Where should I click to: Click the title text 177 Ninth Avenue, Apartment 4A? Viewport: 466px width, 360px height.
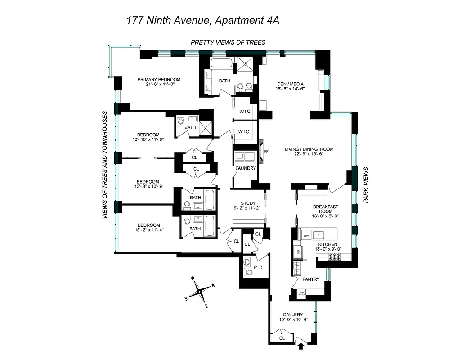pyautogui.click(x=202, y=21)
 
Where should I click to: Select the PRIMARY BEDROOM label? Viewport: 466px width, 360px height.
pyautogui.click(x=159, y=79)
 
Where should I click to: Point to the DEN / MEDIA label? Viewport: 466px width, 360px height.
pyautogui.click(x=290, y=84)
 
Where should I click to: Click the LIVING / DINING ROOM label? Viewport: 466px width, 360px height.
pyautogui.click(x=309, y=149)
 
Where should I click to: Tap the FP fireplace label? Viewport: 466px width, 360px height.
pyautogui.click(x=266, y=151)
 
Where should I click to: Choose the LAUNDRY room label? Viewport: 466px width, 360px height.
pyautogui.click(x=245, y=168)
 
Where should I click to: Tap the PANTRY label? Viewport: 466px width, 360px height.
pyautogui.click(x=311, y=279)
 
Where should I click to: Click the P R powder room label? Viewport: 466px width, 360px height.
pyautogui.click(x=258, y=267)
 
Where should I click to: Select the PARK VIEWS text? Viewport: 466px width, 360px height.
pyautogui.click(x=366, y=185)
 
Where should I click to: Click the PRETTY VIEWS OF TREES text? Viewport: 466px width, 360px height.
pyautogui.click(x=228, y=42)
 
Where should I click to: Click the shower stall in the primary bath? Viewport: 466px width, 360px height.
pyautogui.click(x=245, y=63)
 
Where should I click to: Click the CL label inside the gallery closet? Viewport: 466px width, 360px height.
pyautogui.click(x=282, y=337)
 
